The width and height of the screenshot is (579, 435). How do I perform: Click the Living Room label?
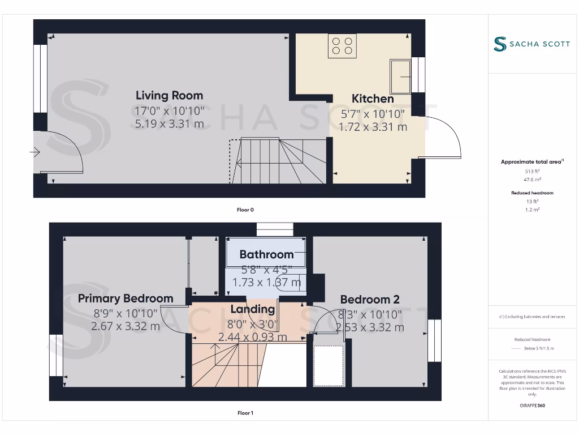[x=169, y=95]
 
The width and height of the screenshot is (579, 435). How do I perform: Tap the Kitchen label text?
[x=373, y=99]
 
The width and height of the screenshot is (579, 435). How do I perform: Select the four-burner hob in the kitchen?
[x=343, y=46]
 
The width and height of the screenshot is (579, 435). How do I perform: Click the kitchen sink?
[x=400, y=76]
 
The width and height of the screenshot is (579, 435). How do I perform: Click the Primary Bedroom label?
[x=126, y=298]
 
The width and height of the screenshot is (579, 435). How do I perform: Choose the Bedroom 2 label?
[x=370, y=300]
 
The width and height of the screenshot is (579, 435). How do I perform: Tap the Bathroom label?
[x=266, y=254]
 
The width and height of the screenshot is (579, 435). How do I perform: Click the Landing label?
[x=253, y=309]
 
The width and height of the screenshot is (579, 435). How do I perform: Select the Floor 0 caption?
[x=245, y=210]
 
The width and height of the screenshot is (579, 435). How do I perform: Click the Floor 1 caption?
[x=245, y=413]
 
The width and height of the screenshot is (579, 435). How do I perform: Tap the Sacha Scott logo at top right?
[x=532, y=44]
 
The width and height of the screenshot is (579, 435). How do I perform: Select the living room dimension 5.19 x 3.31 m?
[x=169, y=124]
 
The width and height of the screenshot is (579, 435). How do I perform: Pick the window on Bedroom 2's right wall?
[x=434, y=340]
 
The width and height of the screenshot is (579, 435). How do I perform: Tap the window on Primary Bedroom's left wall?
[x=56, y=355]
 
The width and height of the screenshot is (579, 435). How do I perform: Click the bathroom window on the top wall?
[x=275, y=229]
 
